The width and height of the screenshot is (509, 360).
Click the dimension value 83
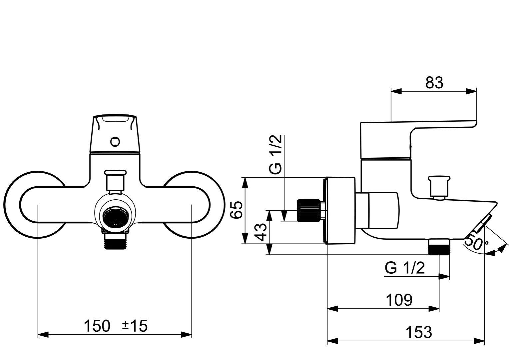(x=434, y=83)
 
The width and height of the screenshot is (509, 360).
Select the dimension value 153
(x=419, y=332)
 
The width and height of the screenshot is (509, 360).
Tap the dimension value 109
(x=399, y=300)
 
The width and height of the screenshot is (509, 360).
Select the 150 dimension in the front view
(x=97, y=326)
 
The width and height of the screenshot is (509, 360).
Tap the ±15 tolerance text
(x=135, y=326)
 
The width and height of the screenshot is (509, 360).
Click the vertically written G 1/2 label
(x=276, y=154)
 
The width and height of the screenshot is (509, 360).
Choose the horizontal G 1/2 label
(x=405, y=268)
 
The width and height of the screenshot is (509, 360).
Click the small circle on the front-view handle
(x=115, y=142)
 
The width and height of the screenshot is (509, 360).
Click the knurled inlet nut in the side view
(x=308, y=210)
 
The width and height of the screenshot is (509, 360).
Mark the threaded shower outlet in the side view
(x=439, y=247)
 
